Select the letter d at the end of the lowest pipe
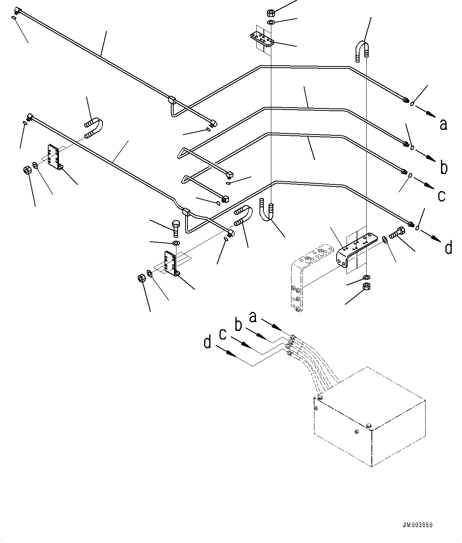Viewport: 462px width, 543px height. [448, 248]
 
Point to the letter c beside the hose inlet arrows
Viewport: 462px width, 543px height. [223, 334]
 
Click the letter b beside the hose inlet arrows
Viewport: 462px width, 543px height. [239, 325]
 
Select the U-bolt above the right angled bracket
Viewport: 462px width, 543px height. [361, 51]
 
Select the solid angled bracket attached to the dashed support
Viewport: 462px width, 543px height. [355, 249]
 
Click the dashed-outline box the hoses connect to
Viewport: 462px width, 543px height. [370, 420]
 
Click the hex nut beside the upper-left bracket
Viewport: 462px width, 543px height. [27, 171]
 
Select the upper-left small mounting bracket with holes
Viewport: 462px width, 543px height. [53, 157]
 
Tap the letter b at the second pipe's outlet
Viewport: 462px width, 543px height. [444, 168]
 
